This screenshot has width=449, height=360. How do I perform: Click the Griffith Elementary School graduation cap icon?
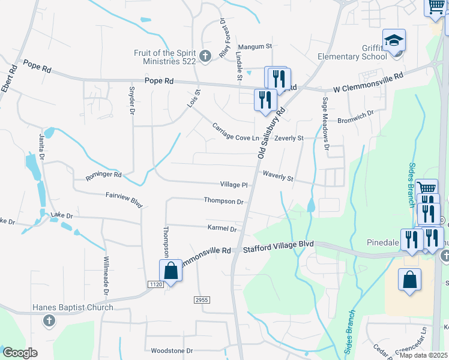point(394,41)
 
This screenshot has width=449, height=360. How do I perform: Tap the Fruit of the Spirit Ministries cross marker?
point(205,56)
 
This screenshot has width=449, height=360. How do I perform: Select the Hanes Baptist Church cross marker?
point(48,321)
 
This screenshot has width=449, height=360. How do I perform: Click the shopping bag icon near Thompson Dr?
point(171,270)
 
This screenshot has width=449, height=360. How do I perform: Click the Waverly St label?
point(278,176)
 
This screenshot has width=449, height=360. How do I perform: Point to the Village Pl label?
point(234,185)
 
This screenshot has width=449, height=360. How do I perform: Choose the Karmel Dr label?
point(222,229)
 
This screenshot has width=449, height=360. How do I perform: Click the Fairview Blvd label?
point(124,200)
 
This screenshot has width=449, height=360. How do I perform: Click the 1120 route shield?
point(155,283)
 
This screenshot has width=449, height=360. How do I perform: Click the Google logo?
point(20,353)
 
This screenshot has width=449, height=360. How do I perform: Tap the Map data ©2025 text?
point(424,355)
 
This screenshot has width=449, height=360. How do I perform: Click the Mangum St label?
point(255,46)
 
